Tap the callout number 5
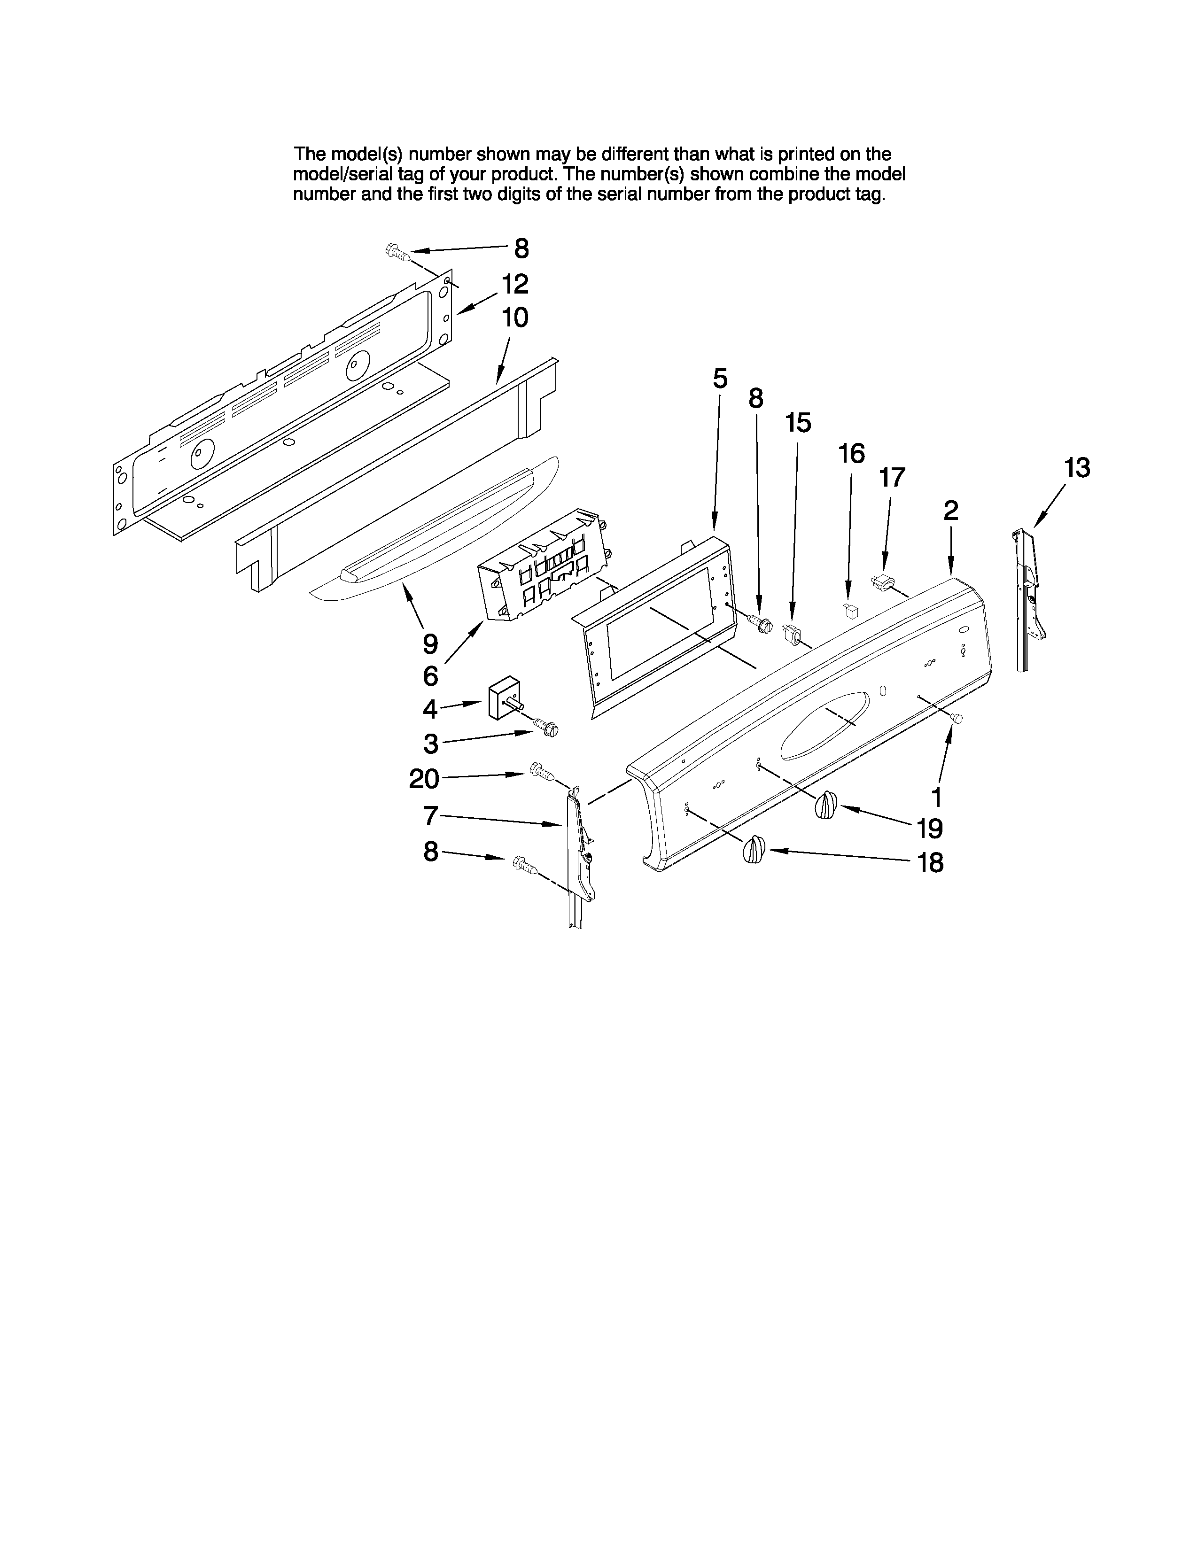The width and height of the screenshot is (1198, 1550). click(720, 379)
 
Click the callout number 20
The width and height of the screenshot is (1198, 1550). click(424, 779)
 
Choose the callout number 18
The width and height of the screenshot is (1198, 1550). click(930, 863)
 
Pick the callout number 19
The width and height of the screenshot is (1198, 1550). click(929, 828)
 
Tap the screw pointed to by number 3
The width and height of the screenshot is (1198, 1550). click(547, 728)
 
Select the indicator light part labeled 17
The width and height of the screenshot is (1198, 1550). click(882, 582)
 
